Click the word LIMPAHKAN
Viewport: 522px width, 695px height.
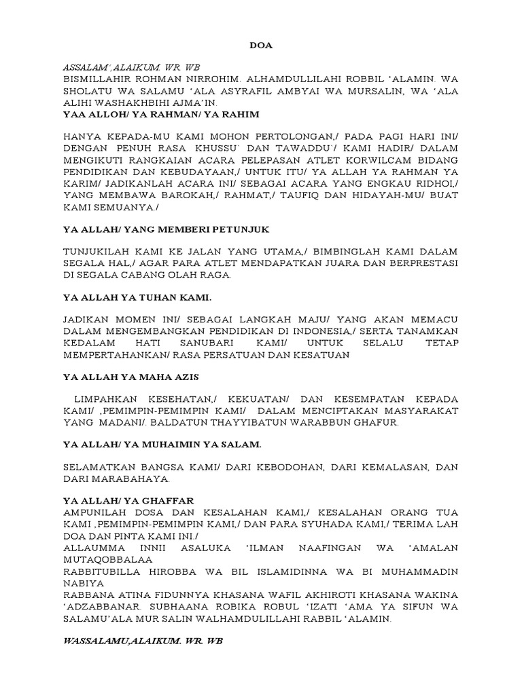click(107, 399)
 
